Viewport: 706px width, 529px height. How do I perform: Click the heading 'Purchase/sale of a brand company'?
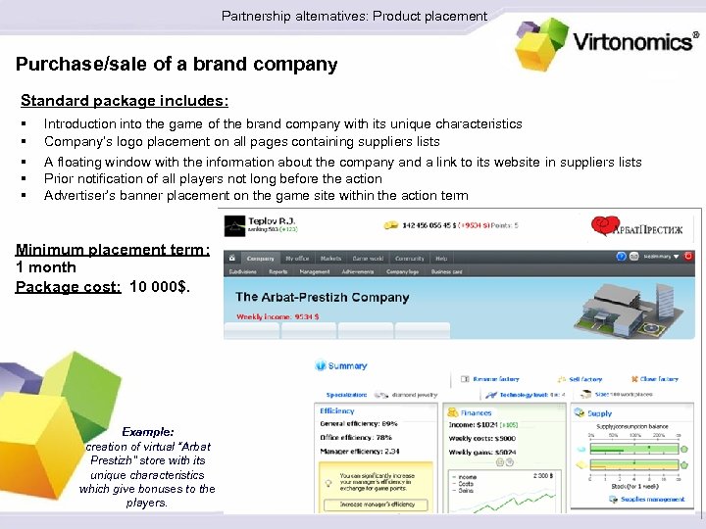[x=176, y=65]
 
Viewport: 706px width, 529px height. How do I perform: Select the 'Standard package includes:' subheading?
[x=125, y=100]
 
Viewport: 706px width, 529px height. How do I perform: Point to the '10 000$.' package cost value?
[x=161, y=286]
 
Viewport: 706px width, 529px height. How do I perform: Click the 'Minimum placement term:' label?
[x=113, y=249]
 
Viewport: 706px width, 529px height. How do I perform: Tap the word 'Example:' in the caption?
[x=148, y=431]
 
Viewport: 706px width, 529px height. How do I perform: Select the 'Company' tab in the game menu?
[x=259, y=258]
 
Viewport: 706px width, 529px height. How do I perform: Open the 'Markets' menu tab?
[x=331, y=258]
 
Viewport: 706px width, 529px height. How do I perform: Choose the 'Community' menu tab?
[x=409, y=258]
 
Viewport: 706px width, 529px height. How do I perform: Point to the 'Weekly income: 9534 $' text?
[x=277, y=316]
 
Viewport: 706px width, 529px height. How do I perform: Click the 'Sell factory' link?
[x=585, y=378]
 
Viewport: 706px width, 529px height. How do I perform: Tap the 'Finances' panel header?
[x=476, y=413]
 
